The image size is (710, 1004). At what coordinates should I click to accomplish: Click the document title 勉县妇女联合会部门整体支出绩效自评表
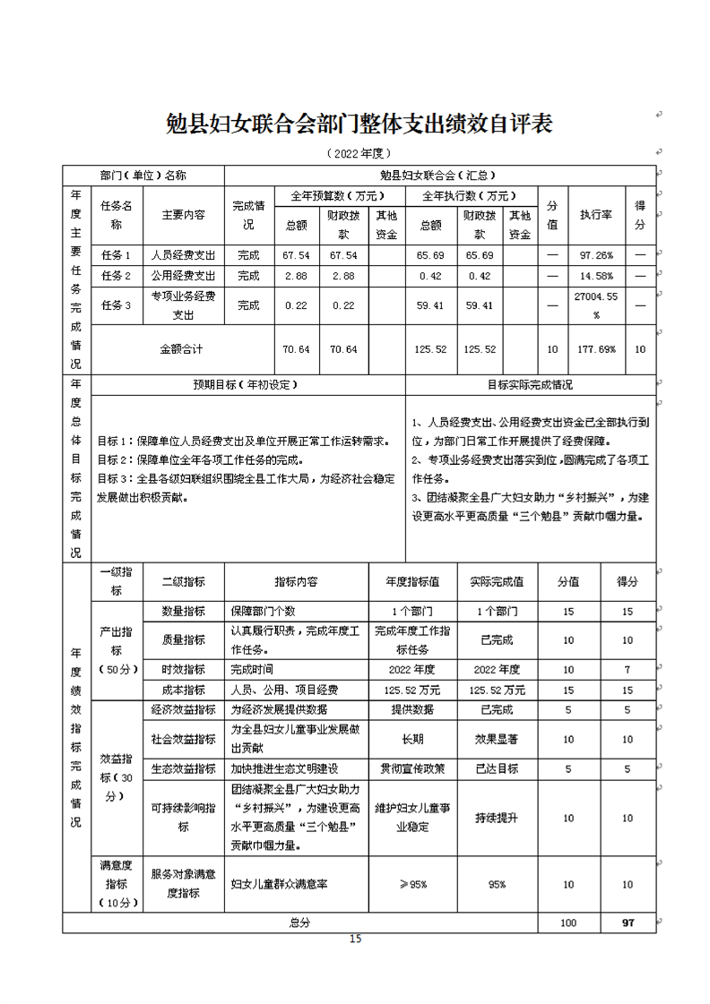point(359,124)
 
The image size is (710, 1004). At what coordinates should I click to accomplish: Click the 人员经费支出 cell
point(183,255)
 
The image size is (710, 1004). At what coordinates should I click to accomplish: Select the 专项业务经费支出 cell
point(183,305)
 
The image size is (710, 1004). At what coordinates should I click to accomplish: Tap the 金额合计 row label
point(183,349)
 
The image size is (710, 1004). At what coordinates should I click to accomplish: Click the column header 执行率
point(595,215)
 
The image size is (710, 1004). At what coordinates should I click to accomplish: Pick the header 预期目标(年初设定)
point(248,384)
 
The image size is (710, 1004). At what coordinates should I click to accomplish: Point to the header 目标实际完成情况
point(529,384)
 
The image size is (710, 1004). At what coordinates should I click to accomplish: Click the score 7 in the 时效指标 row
point(627,670)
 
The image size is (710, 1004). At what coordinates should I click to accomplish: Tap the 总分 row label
point(299,922)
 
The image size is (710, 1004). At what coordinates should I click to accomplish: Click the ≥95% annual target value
point(413,884)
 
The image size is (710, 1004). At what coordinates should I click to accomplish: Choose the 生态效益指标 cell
point(183,768)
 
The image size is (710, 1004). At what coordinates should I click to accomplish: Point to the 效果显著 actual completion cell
point(498,740)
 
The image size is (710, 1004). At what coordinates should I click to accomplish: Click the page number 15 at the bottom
point(355,939)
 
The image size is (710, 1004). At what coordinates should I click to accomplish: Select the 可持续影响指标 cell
point(183,818)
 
